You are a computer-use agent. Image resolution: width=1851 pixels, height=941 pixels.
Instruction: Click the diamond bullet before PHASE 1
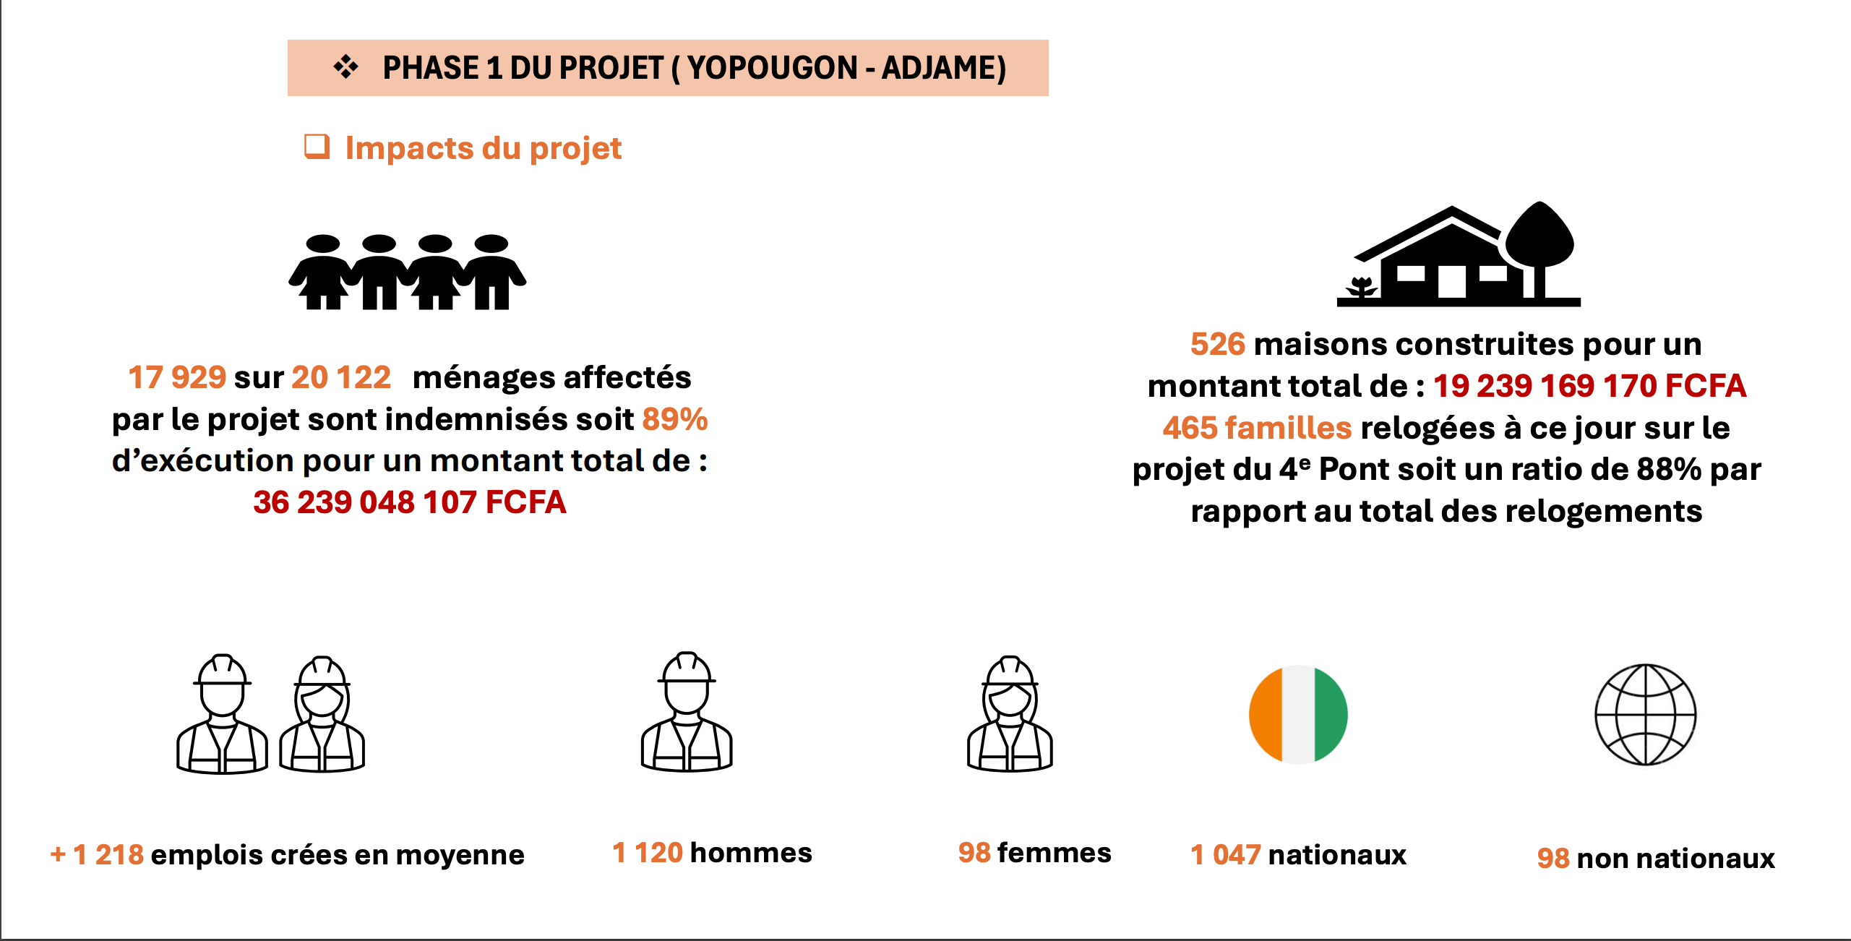[346, 67]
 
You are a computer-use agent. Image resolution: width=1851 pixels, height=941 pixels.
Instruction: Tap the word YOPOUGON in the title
[772, 68]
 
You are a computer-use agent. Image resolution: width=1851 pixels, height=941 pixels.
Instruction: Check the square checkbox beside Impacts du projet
[317, 147]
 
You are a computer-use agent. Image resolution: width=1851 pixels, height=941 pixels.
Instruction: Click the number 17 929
[177, 377]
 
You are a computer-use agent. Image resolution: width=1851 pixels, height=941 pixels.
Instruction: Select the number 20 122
[341, 377]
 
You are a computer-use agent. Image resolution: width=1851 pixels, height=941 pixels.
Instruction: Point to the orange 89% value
[675, 419]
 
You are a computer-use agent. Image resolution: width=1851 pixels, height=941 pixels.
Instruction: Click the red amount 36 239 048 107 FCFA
[409, 502]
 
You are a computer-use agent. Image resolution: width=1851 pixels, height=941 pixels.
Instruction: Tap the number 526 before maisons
[1218, 344]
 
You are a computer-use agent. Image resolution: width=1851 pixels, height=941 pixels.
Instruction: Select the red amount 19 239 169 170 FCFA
[1589, 386]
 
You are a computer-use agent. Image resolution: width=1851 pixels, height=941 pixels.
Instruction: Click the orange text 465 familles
[1257, 428]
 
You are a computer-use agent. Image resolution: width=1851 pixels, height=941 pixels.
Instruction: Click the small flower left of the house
[1362, 287]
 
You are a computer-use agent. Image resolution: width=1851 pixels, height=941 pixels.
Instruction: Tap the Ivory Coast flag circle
[1298, 714]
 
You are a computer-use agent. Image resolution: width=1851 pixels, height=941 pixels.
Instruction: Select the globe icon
[1645, 714]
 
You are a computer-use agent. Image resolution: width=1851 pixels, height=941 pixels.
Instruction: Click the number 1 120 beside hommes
[647, 853]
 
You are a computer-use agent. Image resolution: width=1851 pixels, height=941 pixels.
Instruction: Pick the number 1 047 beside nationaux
[1225, 855]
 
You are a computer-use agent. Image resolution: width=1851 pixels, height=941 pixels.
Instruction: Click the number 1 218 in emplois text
[108, 855]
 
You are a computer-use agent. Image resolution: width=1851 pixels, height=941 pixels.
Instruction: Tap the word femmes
[1054, 853]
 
